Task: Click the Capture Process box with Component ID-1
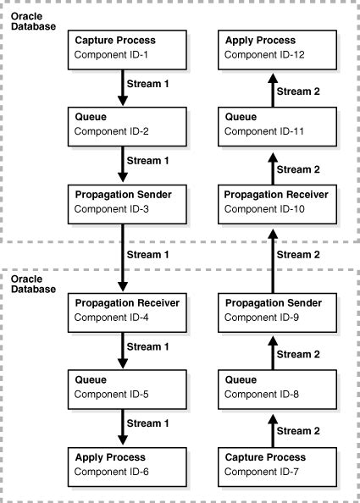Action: click(123, 47)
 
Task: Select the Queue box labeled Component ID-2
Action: click(123, 124)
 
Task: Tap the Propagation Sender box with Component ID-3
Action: click(123, 201)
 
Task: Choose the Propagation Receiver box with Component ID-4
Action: click(123, 310)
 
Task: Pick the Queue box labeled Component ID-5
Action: click(123, 386)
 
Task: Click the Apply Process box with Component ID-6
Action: click(123, 462)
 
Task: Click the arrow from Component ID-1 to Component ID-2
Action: click(123, 86)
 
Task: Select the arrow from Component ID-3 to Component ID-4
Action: click(123, 255)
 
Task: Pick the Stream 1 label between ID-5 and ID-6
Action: click(149, 423)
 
